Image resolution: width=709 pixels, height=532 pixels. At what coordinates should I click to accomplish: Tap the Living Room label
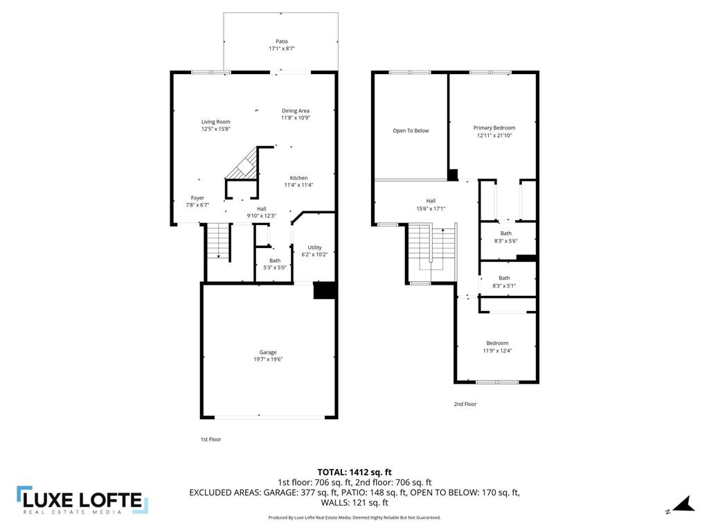(x=215, y=122)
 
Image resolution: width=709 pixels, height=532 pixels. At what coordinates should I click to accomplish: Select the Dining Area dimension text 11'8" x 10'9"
(x=295, y=118)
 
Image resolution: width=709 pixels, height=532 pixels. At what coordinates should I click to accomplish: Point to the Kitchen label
(x=298, y=178)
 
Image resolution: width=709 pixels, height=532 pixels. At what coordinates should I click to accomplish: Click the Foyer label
(x=197, y=198)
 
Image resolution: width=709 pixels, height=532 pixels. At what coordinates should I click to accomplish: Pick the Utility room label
(x=314, y=248)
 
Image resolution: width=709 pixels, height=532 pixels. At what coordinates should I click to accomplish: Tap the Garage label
(x=268, y=353)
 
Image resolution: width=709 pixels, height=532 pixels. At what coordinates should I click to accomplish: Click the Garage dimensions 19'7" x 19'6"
(x=268, y=360)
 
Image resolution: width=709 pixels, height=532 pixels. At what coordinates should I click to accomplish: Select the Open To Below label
(x=411, y=130)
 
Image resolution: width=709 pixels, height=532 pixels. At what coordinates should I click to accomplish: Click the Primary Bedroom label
(x=494, y=127)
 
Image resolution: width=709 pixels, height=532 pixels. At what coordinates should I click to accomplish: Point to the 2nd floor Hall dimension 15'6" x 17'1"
(x=431, y=209)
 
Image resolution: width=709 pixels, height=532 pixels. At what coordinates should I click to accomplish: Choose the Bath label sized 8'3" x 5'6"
(x=505, y=233)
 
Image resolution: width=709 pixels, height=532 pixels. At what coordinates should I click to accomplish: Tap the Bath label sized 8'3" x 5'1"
(x=504, y=278)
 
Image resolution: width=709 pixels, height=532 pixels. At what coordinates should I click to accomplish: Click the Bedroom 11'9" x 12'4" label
(x=497, y=343)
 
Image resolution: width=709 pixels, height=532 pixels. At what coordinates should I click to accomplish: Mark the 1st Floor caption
(x=210, y=439)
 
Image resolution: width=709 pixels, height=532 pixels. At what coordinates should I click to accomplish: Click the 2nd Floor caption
(x=465, y=404)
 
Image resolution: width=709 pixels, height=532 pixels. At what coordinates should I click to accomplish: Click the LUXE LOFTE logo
(x=82, y=500)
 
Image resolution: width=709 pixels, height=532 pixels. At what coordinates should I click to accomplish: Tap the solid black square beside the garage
(x=325, y=290)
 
